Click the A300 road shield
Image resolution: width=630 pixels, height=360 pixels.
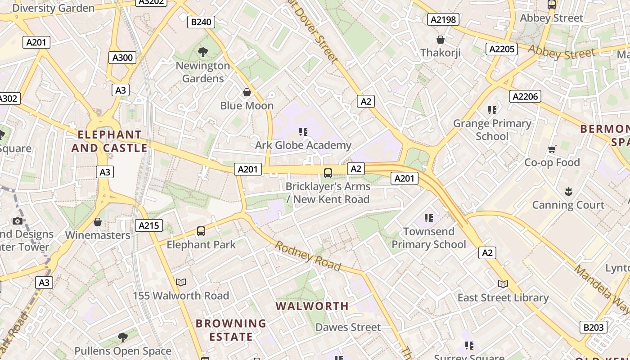click(122, 58)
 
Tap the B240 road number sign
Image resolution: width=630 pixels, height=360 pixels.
click(201, 22)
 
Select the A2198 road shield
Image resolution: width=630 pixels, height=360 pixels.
click(443, 19)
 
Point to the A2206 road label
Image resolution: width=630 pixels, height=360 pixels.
click(525, 96)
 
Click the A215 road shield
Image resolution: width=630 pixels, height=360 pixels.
click(148, 225)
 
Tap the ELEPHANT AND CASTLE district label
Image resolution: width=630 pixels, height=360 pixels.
click(109, 141)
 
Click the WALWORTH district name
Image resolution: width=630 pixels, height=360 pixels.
click(312, 306)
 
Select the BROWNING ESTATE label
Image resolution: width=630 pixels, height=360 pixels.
click(231, 330)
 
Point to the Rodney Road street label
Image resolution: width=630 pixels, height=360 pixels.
click(308, 256)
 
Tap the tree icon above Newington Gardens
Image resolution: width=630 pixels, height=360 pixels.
click(203, 52)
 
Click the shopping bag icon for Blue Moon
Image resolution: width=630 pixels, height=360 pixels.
click(247, 93)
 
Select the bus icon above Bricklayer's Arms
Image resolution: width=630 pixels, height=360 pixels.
click(328, 173)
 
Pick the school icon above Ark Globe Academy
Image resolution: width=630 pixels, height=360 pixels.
click(303, 132)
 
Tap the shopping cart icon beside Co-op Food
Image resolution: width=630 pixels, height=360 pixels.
click(552, 149)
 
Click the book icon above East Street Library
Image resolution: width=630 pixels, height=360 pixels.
click(503, 284)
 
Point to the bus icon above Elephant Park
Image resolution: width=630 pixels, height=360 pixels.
click(201, 231)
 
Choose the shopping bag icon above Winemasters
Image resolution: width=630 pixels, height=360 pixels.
click(98, 222)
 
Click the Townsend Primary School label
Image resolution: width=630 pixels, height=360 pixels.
click(428, 238)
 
